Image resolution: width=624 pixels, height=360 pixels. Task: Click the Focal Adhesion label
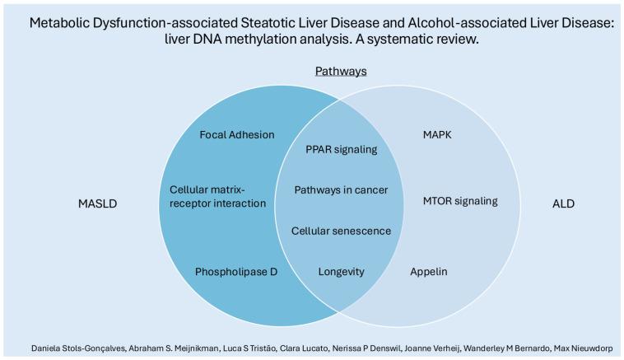[x=236, y=135]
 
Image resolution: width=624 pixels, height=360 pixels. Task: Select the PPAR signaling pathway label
[x=341, y=150]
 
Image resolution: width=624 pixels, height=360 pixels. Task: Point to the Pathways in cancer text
[x=341, y=190]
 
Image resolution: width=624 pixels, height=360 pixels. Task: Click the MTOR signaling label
[x=460, y=200]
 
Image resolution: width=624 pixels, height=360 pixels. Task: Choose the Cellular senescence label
[x=341, y=230]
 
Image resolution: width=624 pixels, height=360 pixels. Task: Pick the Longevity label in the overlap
[x=341, y=270]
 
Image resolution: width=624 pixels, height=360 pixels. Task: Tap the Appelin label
[x=429, y=270]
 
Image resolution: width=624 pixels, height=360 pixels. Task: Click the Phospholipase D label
[x=236, y=270]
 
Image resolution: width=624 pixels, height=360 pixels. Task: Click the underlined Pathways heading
[x=341, y=72]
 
